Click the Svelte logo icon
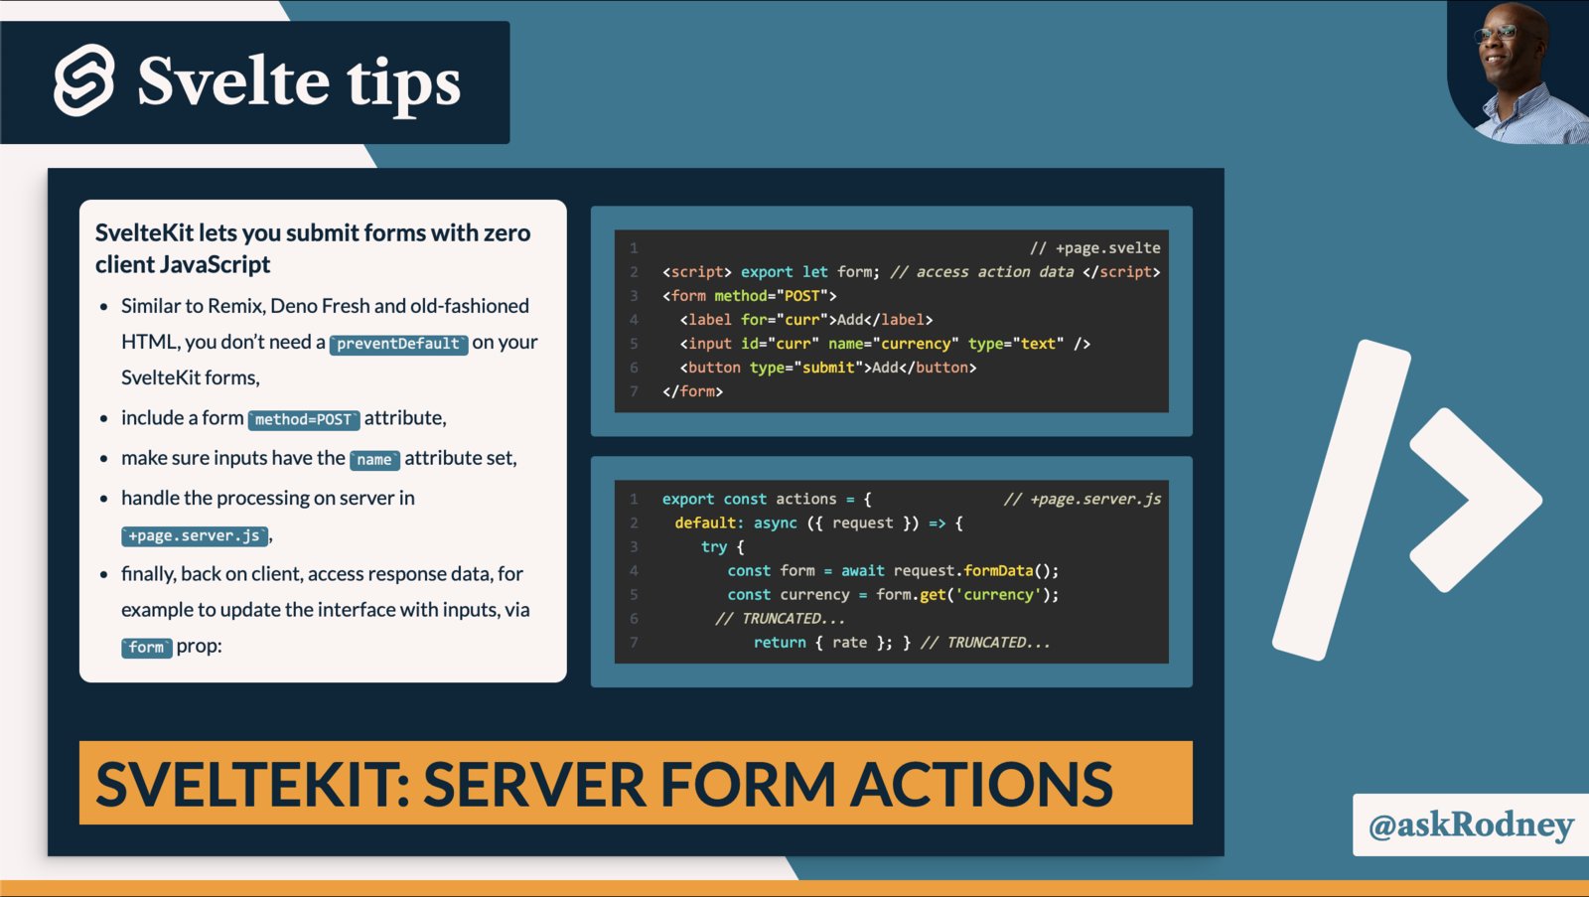pos(83,80)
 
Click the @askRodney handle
pos(1471,824)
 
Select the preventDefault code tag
pos(398,344)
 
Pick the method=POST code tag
pos(303,419)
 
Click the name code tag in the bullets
pos(374,460)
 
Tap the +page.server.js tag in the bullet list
pos(195,535)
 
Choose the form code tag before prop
pos(146,648)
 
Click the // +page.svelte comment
pos(1094,247)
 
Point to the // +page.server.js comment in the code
pos(1082,499)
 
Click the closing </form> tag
pos(692,391)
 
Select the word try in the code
pos(714,546)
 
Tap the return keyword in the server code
pos(780,643)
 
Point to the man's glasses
pos(1499,33)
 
